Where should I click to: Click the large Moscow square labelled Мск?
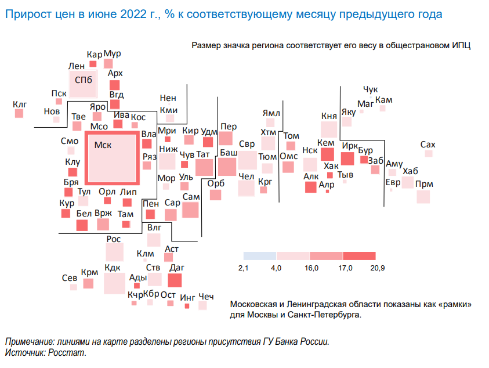112,158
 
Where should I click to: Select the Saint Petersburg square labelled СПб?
84,84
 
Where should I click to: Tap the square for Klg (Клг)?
19,113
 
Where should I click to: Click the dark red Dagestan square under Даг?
175,280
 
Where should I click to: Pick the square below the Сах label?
429,153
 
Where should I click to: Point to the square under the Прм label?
423,197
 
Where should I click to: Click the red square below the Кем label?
328,154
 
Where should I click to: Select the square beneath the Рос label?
114,252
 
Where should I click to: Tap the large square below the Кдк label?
114,283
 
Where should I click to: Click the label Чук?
370,89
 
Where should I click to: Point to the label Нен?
168,98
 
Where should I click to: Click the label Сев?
69,278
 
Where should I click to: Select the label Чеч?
206,297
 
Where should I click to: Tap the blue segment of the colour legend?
260,256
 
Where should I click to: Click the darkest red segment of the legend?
359,256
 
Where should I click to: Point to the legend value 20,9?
378,268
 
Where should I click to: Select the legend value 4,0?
276,268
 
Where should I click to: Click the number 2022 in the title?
133,14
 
